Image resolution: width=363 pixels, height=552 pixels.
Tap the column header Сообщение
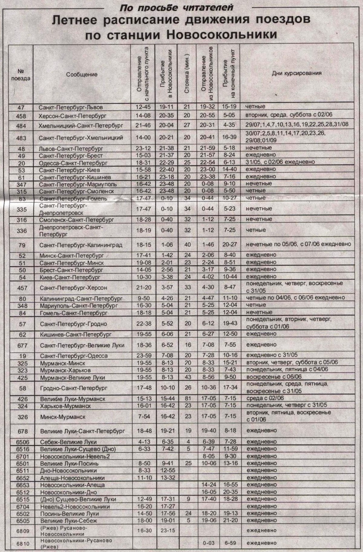pyautogui.click(x=82, y=75)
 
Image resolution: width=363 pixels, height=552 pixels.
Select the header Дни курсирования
pyautogui.click(x=296, y=73)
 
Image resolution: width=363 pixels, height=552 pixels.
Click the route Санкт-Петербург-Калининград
pyautogui.click(x=81, y=245)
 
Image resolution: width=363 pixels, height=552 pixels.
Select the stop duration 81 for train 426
pyautogui.click(x=188, y=399)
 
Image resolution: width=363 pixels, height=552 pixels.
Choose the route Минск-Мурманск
pyautogui.click(x=63, y=417)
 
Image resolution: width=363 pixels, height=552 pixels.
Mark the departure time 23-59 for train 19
pyautogui.click(x=143, y=356)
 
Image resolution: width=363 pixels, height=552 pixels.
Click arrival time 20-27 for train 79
pyautogui.click(x=229, y=244)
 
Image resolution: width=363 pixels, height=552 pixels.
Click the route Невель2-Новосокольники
pyautogui.click(x=75, y=507)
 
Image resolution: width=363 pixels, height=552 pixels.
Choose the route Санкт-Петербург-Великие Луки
pyautogui.click(x=82, y=345)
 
